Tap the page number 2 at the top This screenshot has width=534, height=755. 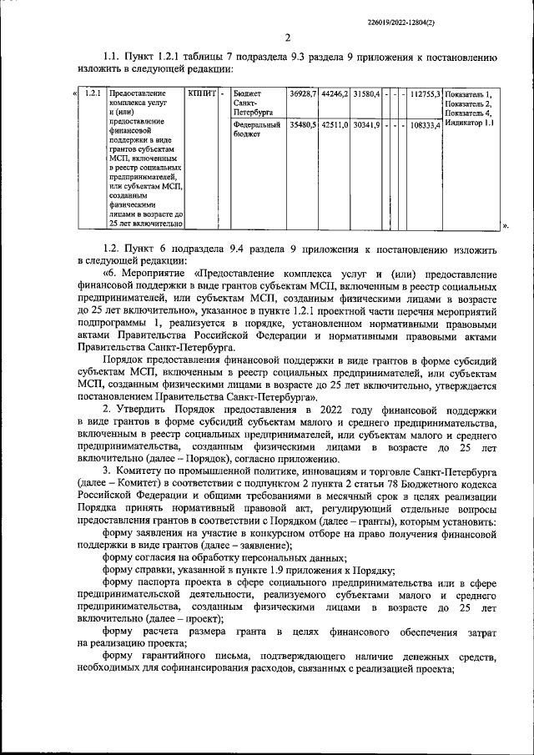pyautogui.click(x=286, y=38)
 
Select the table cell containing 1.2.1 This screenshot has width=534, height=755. pyautogui.click(x=93, y=93)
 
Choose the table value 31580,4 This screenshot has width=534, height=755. pyautogui.click(x=366, y=93)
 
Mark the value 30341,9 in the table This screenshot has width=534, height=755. pyautogui.click(x=366, y=125)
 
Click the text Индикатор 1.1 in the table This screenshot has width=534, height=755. pyautogui.click(x=470, y=123)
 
